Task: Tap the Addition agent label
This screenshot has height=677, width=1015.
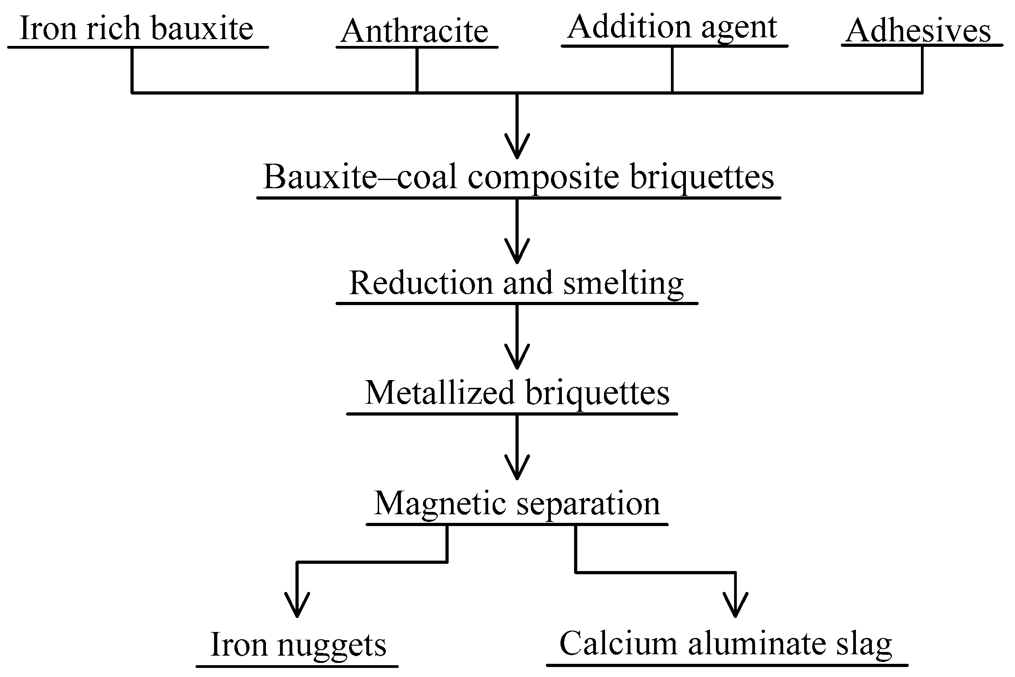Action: [x=672, y=27]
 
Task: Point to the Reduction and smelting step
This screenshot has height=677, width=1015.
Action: [x=516, y=283]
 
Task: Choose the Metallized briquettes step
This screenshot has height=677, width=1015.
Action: [x=517, y=393]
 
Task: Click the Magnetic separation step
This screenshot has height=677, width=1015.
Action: [x=517, y=504]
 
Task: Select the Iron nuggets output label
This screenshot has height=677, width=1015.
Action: [x=299, y=645]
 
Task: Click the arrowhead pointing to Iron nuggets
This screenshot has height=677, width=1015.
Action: [x=297, y=607]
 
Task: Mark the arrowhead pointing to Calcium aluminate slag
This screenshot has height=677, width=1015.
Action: [x=735, y=607]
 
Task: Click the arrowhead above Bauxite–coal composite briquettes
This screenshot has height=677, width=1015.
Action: [x=517, y=148]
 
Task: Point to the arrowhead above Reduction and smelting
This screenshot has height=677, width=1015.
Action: [x=517, y=253]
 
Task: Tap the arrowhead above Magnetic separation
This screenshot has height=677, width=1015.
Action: [x=517, y=469]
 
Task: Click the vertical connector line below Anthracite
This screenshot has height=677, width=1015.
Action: [x=417, y=70]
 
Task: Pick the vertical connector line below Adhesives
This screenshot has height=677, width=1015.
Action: [x=921, y=70]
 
